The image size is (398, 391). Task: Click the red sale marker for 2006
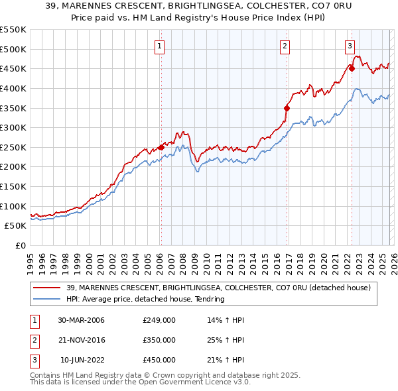tap(161, 148)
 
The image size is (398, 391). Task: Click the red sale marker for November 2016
tap(287, 108)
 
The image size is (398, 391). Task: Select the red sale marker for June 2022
tap(352, 68)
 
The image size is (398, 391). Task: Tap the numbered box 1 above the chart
tap(161, 46)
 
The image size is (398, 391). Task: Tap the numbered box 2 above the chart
tap(285, 46)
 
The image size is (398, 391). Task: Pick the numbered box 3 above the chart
tap(349, 46)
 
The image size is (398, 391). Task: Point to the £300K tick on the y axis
tap(13, 127)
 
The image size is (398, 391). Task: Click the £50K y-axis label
tap(15, 225)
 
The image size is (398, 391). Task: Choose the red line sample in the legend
tap(48, 288)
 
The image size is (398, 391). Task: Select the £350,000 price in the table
tap(159, 340)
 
